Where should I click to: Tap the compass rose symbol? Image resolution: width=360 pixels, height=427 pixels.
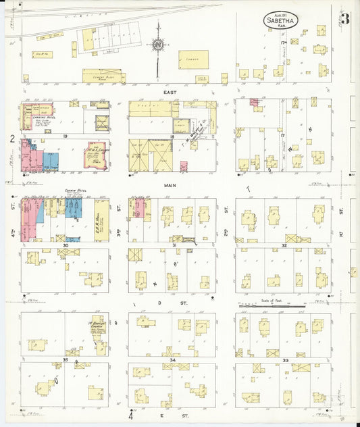coord(158,45)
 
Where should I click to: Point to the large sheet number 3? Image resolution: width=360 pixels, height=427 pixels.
coord(344,19)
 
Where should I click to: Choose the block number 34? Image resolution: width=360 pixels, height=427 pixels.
coord(172,361)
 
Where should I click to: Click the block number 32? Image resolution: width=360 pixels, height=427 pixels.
coord(284,245)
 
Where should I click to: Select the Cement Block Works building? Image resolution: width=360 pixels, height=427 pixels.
coord(101,76)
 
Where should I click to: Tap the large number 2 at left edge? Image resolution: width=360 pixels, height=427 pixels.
coord(12,139)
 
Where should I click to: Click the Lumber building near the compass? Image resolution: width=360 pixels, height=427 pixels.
coord(193,59)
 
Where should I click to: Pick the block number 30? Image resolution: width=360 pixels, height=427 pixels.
coord(66,245)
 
